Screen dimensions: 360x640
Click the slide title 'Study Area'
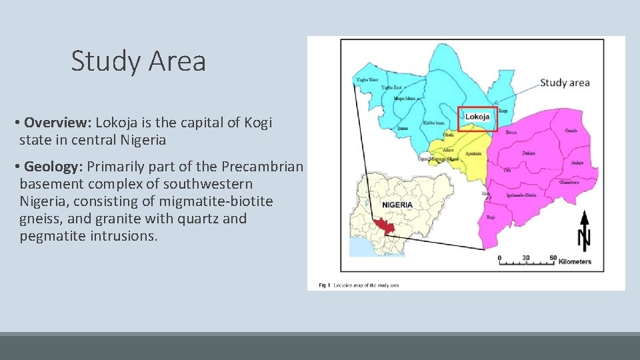pyautogui.click(x=139, y=61)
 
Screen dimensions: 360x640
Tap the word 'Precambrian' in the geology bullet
pyautogui.click(x=262, y=167)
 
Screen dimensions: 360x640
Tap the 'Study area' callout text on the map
pyautogui.click(x=565, y=83)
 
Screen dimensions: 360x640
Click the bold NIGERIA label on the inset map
pyautogui.click(x=397, y=205)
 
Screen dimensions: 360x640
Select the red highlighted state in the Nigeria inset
pyautogui.click(x=384, y=227)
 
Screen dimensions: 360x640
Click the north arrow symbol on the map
pyautogui.click(x=584, y=230)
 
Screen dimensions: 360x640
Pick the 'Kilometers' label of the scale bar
pyautogui.click(x=575, y=262)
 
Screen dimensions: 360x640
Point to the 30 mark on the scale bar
pyautogui.click(x=526, y=257)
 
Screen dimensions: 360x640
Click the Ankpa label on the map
pyautogui.click(x=577, y=162)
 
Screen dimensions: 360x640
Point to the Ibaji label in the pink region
pyautogui.click(x=491, y=218)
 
